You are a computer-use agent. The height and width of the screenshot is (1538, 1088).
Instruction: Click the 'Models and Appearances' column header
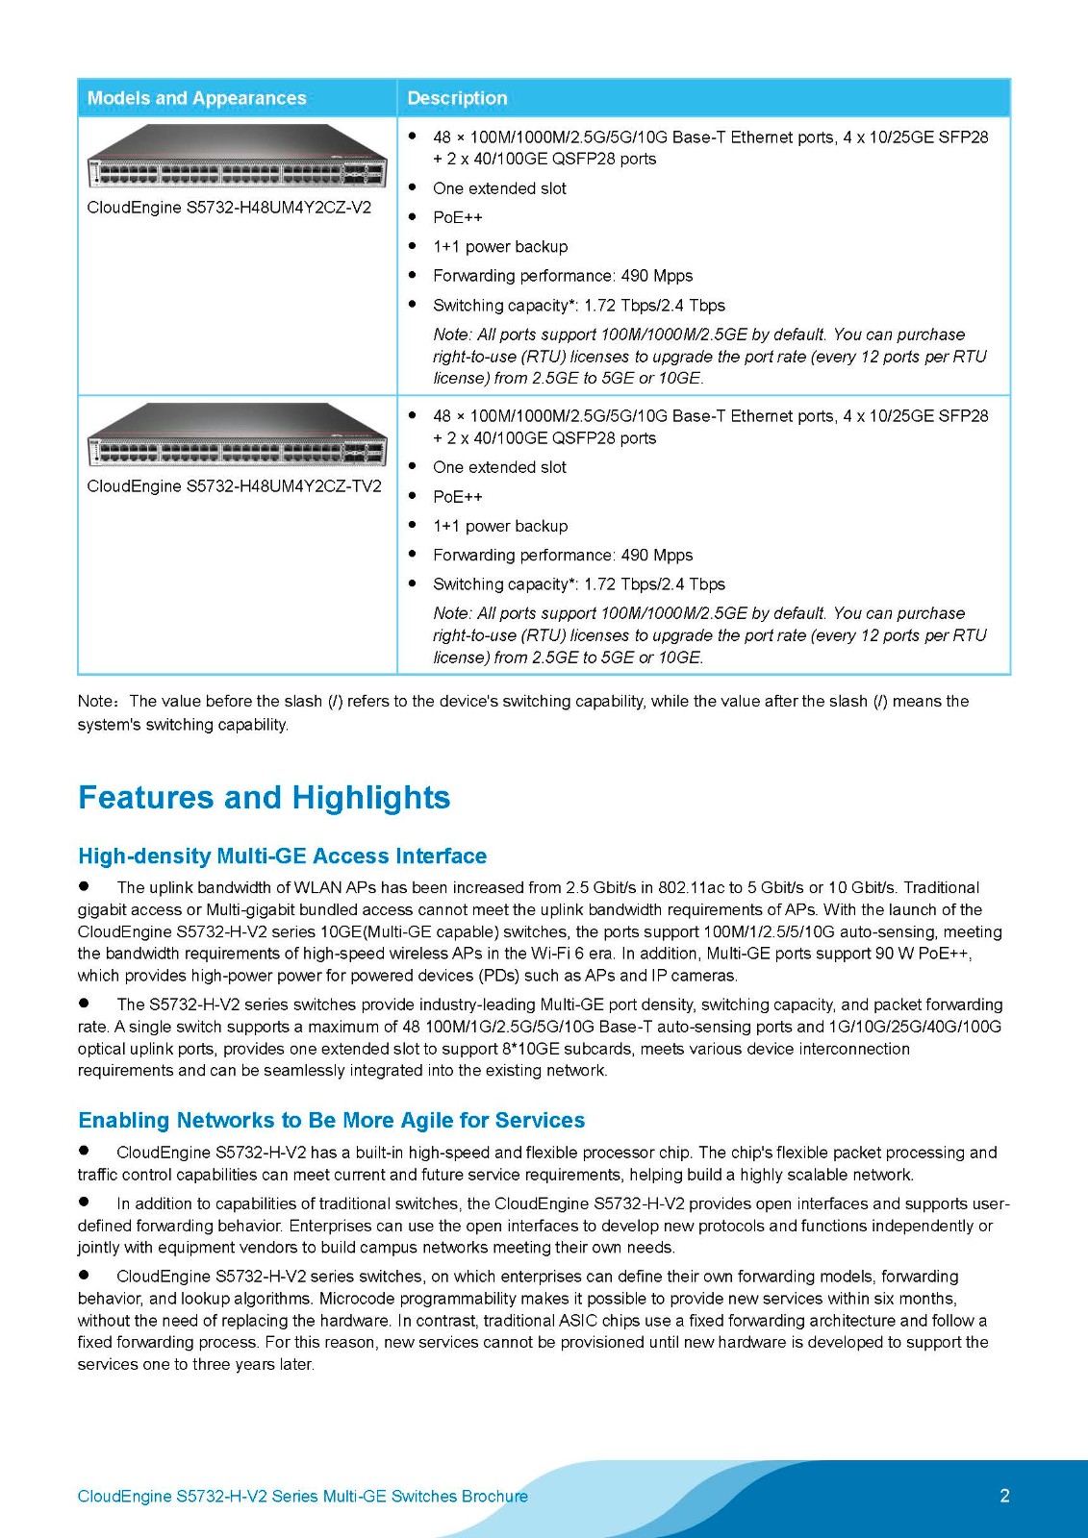196,98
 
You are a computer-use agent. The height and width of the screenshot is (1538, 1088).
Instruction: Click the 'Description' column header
457,98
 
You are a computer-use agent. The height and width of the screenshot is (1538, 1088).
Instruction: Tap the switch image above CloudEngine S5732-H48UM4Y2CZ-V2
237,157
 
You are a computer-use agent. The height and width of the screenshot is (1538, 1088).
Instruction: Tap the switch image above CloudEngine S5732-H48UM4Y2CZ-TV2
237,435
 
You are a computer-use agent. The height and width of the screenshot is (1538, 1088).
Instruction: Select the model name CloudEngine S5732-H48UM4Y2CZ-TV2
234,486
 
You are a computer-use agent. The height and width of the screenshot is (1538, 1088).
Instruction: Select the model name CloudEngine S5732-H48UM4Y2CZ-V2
229,208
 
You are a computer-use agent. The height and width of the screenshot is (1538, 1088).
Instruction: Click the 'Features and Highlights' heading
264,798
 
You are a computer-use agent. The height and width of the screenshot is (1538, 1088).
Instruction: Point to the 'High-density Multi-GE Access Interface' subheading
282,856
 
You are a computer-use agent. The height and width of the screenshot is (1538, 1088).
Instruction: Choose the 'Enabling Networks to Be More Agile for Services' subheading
331,1121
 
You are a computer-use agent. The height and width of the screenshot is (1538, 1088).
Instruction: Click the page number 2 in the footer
1004,1496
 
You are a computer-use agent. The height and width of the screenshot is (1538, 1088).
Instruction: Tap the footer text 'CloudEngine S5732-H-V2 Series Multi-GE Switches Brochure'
302,1497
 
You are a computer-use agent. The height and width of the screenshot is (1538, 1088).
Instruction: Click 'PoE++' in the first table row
458,218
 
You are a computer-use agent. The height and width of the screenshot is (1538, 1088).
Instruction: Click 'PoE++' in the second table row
458,497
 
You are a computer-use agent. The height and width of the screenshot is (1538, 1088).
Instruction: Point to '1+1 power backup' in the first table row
500,247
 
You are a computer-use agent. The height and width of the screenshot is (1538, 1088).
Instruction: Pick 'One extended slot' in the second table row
499,467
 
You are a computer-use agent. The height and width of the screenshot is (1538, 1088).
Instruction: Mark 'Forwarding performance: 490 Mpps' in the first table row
563,276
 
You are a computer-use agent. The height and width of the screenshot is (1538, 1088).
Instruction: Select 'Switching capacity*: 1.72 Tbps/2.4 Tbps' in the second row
579,584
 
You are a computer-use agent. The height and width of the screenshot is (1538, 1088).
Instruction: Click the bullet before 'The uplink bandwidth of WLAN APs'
85,886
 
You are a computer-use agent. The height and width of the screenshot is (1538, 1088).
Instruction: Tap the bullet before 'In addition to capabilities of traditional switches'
85,1202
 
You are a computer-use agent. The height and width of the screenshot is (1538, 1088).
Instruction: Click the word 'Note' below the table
95,702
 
